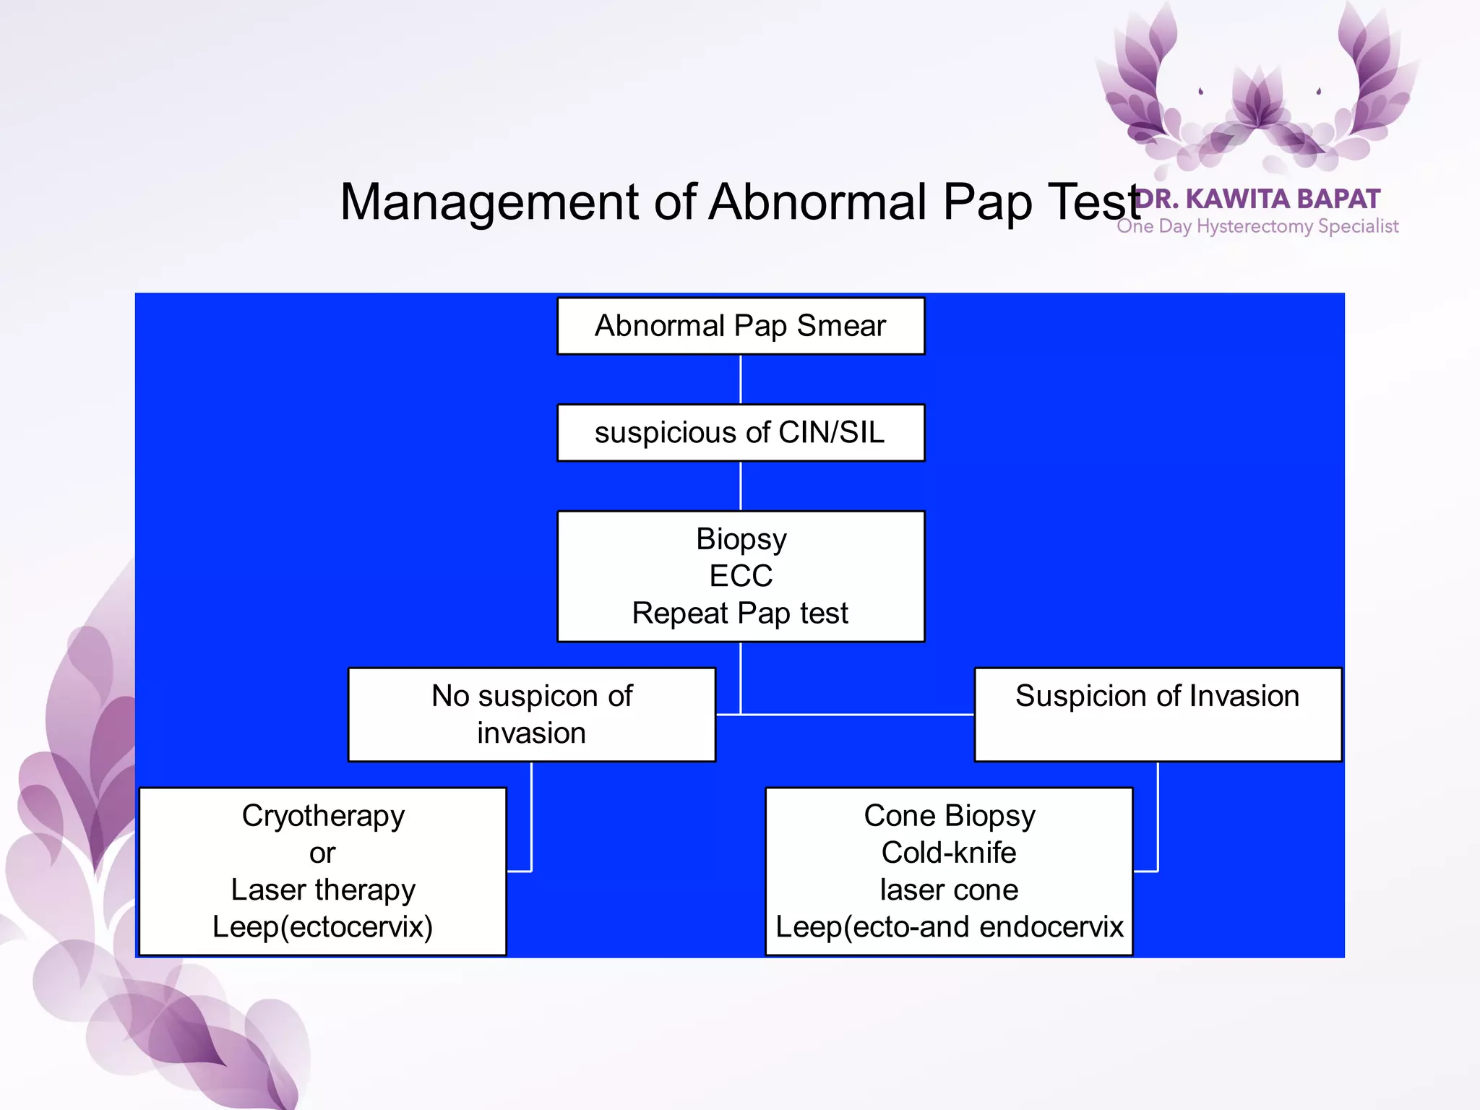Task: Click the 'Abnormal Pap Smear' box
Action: point(740,326)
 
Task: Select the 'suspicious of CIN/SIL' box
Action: point(740,433)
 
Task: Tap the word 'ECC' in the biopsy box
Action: point(741,576)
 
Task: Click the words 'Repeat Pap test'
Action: point(740,614)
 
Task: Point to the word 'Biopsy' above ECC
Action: point(741,539)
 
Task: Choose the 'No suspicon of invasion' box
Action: point(532,714)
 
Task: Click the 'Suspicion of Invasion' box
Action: point(1158,714)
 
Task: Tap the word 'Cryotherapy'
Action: point(323,816)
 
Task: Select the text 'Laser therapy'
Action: point(323,890)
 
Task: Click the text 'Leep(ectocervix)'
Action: point(323,927)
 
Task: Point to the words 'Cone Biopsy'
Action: point(949,816)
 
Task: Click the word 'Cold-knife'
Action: point(949,853)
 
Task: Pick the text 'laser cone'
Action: point(949,890)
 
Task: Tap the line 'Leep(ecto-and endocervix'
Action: point(949,927)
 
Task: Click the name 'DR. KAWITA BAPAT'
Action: point(1257,199)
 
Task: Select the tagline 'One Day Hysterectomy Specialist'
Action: point(1257,226)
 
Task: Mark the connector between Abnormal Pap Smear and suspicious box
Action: point(741,379)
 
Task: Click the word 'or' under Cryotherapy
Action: point(322,853)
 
